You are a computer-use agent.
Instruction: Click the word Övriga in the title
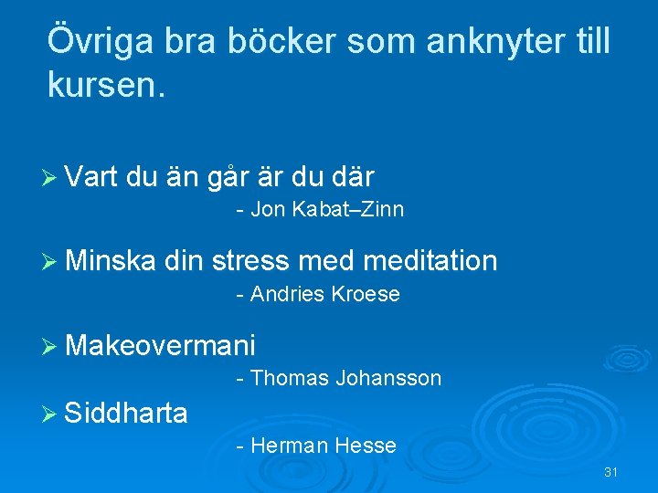(x=101, y=41)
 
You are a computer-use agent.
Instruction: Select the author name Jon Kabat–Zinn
(x=326, y=210)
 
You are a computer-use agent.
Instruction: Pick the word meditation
(x=430, y=261)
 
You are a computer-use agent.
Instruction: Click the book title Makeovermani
(x=161, y=345)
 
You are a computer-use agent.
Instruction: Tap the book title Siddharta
(x=127, y=414)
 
